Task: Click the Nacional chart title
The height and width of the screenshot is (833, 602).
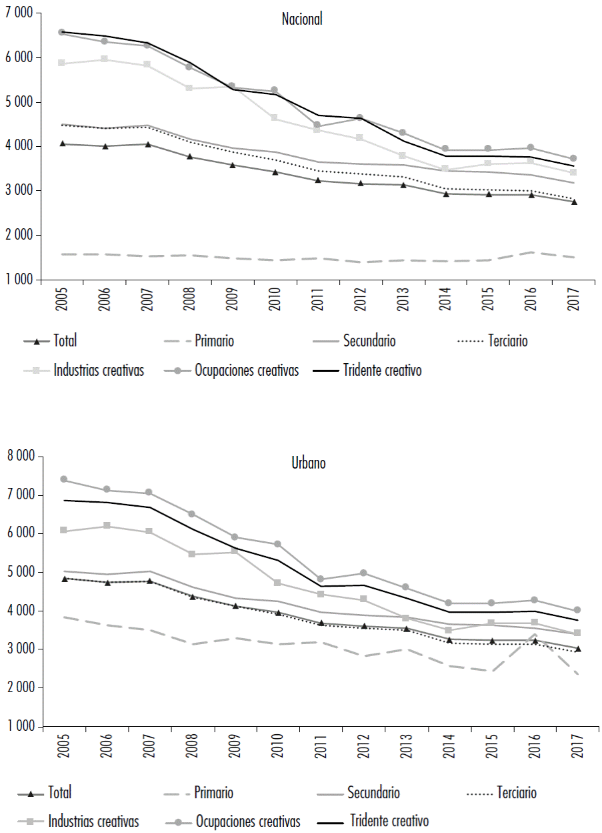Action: [302, 19]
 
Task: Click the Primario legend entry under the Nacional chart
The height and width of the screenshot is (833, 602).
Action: [214, 341]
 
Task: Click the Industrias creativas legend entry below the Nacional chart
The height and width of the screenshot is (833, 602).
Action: [99, 370]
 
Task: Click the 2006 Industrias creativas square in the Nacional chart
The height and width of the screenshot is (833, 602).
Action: [103, 59]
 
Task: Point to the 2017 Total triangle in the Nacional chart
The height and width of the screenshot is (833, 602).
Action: [573, 202]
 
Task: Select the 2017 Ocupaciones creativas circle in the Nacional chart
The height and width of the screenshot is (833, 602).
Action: [573, 158]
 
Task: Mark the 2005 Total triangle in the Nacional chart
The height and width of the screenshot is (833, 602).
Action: [62, 144]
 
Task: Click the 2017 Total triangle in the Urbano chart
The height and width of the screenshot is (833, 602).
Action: [577, 648]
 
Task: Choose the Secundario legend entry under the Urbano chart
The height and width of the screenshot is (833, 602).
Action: [373, 793]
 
